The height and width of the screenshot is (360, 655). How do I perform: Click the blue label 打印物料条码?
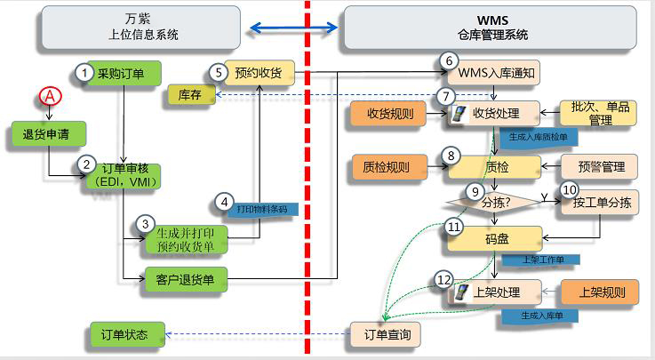tap(263, 210)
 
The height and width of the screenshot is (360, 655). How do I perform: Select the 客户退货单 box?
tap(188, 281)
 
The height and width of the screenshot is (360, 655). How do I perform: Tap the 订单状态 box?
tap(127, 335)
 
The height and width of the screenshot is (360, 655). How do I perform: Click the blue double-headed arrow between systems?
tap(294, 28)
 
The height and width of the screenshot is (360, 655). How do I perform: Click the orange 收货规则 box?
tap(388, 114)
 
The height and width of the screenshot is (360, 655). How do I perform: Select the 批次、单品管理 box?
tap(599, 114)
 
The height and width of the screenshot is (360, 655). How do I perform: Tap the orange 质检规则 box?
tap(388, 165)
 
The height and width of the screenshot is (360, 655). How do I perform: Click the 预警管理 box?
tap(601, 165)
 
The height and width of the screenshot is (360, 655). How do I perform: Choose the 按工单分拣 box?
tap(600, 203)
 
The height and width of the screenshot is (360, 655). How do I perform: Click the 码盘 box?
tap(495, 239)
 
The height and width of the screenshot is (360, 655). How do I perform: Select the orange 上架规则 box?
tap(601, 291)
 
